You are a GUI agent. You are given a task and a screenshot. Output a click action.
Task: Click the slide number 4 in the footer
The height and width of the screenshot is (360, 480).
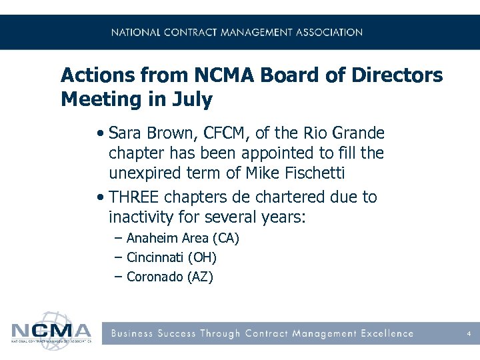(x=469, y=333)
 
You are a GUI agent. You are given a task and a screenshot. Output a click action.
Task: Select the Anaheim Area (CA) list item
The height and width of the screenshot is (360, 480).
(x=183, y=239)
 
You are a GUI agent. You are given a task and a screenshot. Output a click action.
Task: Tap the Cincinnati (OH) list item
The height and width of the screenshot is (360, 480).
(x=171, y=257)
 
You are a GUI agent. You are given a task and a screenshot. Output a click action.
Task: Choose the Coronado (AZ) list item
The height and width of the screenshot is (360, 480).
(x=169, y=277)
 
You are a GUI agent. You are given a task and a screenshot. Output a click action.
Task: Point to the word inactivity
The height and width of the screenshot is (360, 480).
(x=141, y=218)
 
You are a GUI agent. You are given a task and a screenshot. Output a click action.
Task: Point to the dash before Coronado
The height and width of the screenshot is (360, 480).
(x=118, y=277)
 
